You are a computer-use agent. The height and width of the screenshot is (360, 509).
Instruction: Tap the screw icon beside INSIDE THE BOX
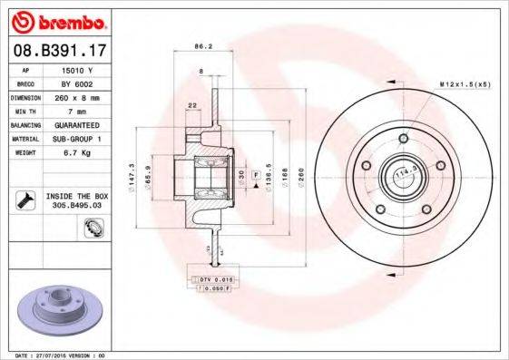tap(24, 200)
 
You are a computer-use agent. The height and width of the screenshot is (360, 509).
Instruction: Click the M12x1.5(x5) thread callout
tap(465, 83)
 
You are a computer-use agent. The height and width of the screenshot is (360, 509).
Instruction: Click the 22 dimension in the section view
tap(192, 106)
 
